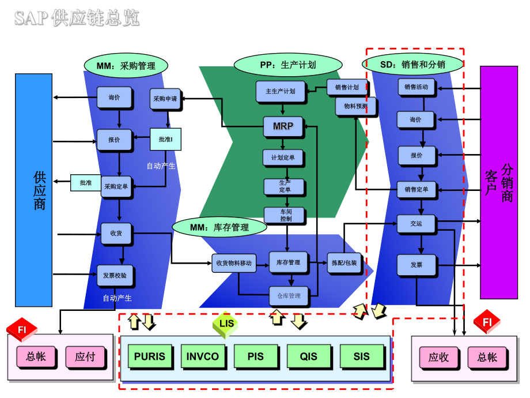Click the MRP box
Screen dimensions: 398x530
[x=283, y=126]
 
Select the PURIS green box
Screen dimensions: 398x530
[x=149, y=356]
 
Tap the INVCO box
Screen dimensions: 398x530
[x=203, y=356]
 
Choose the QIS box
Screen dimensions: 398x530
[x=309, y=356]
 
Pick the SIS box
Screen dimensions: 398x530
[x=362, y=356]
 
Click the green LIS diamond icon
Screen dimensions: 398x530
[x=226, y=324]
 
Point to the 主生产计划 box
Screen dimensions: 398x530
[x=281, y=91]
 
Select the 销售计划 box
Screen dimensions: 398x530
[x=347, y=88]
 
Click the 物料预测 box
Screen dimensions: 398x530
[x=355, y=106]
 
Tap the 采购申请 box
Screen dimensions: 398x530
[x=165, y=99]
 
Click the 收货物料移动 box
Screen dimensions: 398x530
[x=234, y=263]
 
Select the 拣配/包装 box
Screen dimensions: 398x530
[x=344, y=263]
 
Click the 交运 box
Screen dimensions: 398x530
[x=416, y=224]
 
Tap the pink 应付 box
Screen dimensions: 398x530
[x=85, y=357]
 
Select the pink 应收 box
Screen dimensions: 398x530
[x=438, y=357]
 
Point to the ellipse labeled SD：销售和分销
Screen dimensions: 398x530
[x=412, y=65]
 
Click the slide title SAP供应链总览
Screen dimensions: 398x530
[x=77, y=19]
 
